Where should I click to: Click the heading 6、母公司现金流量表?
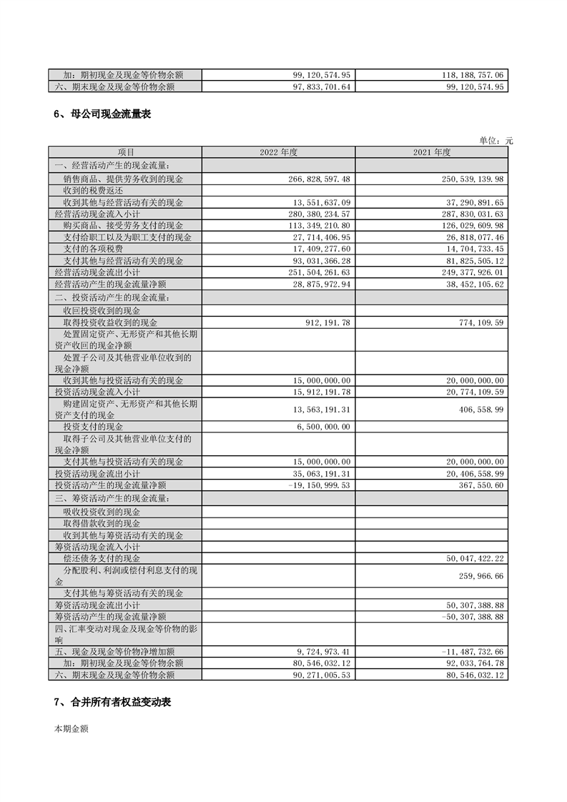[102, 114]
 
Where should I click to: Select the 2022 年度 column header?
[278, 152]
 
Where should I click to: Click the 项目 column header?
[125, 152]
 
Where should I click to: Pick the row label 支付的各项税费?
[92, 248]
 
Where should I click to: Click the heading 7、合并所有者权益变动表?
[112, 703]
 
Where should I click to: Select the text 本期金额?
[72, 729]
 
